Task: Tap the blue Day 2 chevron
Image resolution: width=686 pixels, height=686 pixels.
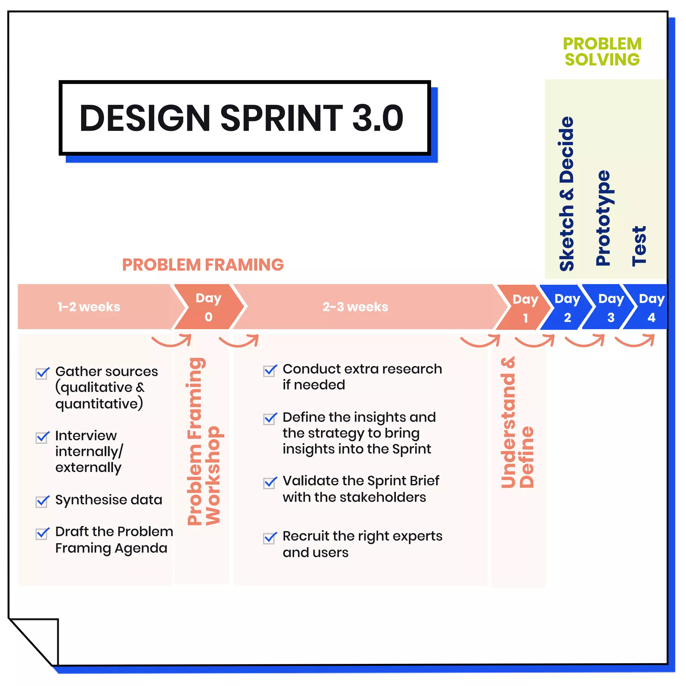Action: (567, 308)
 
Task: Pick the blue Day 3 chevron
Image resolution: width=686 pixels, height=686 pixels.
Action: (610, 308)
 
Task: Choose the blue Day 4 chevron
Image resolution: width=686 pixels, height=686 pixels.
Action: (650, 308)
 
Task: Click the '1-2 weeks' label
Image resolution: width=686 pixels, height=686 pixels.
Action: (89, 307)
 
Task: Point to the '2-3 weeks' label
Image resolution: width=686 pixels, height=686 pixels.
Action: (355, 307)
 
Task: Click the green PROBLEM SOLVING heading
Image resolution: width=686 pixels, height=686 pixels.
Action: (602, 52)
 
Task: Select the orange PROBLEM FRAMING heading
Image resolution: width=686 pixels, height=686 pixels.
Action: (203, 265)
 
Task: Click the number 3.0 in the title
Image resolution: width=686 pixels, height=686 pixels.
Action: (377, 118)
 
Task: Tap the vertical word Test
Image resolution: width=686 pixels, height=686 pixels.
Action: (639, 246)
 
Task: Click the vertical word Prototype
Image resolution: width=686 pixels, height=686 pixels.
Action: (603, 218)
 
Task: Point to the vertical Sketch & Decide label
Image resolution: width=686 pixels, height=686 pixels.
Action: (566, 194)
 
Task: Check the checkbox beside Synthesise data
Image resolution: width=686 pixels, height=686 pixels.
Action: (42, 502)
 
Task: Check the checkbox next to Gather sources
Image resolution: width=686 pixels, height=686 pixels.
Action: (42, 373)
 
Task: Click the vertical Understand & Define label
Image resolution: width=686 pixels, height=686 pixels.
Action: (517, 422)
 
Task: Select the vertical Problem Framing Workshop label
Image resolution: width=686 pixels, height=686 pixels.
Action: (203, 441)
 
